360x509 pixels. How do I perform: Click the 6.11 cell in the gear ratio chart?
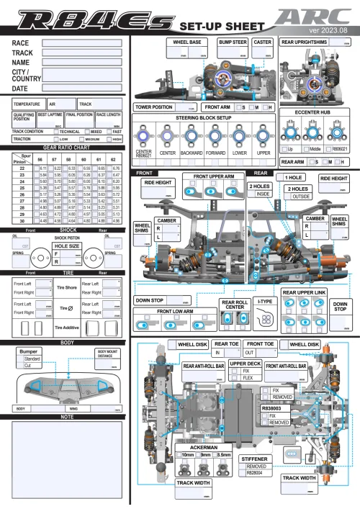point(43,167)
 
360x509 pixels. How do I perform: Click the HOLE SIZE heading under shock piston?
point(66,245)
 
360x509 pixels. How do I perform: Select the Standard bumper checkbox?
point(21,358)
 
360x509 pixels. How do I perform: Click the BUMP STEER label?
point(233,42)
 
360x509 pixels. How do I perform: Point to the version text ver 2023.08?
point(328,31)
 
